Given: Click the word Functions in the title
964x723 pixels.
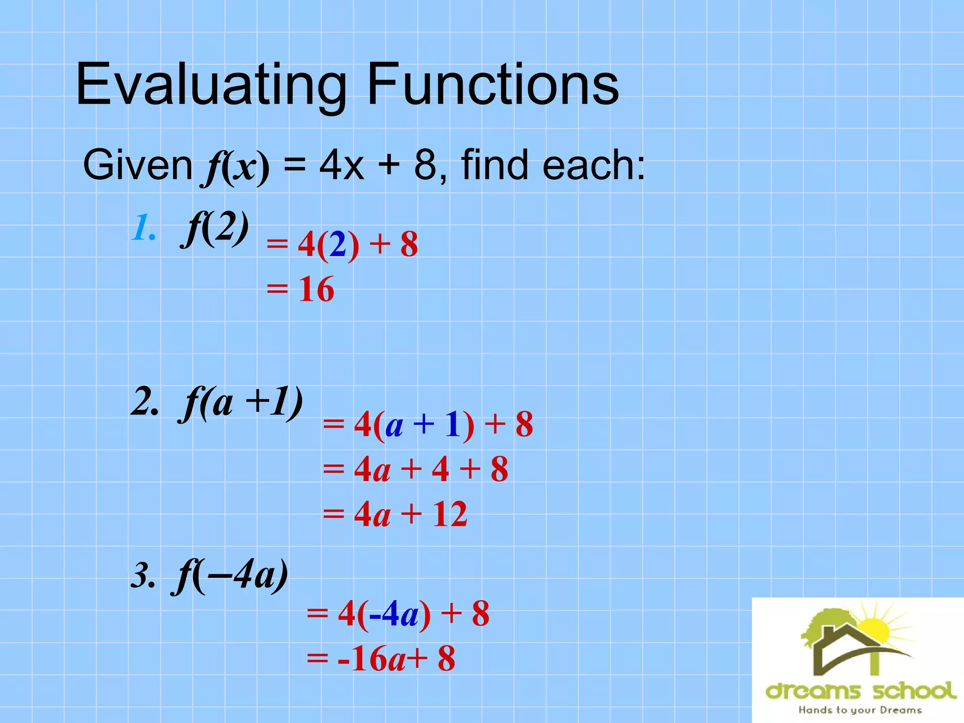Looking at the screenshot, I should click(x=492, y=85).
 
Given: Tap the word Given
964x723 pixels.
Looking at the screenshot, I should click(x=137, y=165).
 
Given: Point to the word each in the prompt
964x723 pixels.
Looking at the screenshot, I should click(x=594, y=165).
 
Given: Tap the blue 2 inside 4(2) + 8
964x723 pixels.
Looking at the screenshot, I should click(x=338, y=245).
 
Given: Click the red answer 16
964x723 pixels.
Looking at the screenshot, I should click(x=316, y=289).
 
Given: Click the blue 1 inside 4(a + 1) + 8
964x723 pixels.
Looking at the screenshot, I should click(x=452, y=424).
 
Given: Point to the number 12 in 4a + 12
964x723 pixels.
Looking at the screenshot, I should click(x=450, y=514).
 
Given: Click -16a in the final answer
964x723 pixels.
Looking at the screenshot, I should click(x=372, y=659).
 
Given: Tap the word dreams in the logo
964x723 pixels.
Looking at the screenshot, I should click(x=813, y=691).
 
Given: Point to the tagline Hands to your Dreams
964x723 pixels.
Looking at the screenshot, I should click(x=860, y=710).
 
